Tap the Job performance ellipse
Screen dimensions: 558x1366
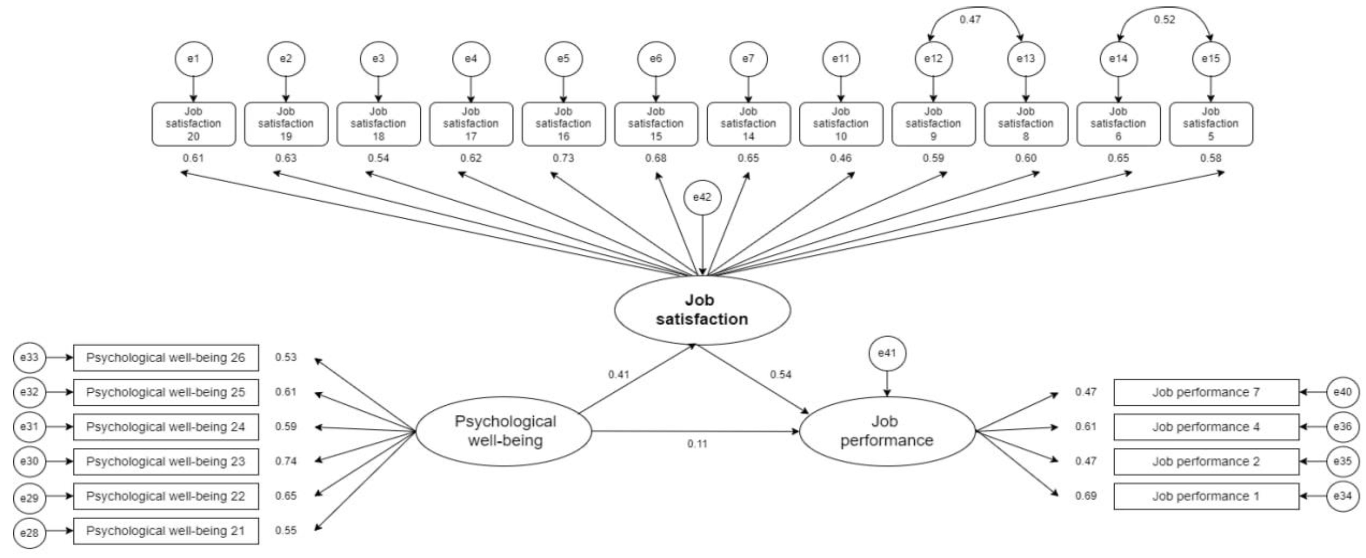tap(887, 431)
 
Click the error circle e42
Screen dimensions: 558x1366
tap(702, 197)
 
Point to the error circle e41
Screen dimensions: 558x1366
tap(887, 353)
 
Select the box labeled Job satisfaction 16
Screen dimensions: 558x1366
tap(563, 124)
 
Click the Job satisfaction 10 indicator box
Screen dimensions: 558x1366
tap(840, 124)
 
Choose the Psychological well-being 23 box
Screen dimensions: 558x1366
tap(165, 461)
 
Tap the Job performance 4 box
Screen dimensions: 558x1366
tap(1206, 427)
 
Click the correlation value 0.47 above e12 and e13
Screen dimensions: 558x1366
tap(970, 20)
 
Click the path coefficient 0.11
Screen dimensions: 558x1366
tap(697, 443)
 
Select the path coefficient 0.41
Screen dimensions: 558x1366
tap(618, 375)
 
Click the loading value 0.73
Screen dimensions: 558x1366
tap(563, 158)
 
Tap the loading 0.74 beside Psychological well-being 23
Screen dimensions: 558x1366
tap(285, 461)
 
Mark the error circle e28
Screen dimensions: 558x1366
tap(29, 532)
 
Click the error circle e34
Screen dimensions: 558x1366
tap(1342, 496)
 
